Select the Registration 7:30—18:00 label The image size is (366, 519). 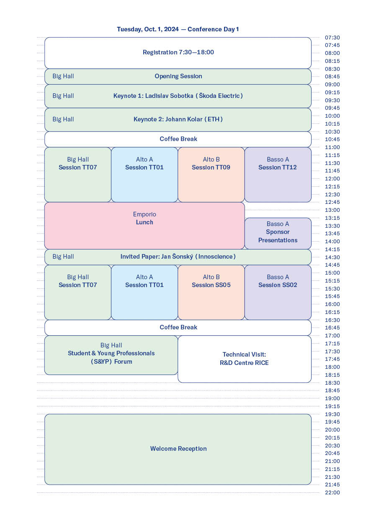click(x=178, y=52)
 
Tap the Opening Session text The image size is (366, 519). click(x=178, y=76)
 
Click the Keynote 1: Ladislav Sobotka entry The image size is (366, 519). click(x=178, y=96)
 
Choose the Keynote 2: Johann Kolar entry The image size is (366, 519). click(x=178, y=119)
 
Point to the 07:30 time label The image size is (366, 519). click(x=332, y=38)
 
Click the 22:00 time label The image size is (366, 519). click(x=332, y=493)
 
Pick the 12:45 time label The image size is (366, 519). click(x=332, y=202)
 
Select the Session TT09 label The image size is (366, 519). click(x=211, y=167)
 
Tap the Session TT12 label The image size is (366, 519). click(x=278, y=167)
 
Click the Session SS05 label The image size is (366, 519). click(x=211, y=285)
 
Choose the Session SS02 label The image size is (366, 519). click(x=278, y=285)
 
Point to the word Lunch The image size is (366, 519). click(x=144, y=222)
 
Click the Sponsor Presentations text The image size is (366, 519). click(x=278, y=236)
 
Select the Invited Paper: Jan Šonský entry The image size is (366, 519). click(x=178, y=257)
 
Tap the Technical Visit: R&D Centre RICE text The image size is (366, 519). click(x=244, y=359)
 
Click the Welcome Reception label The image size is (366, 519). click(x=178, y=449)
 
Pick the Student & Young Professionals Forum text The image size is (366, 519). click(x=111, y=357)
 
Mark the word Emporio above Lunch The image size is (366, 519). click(x=144, y=214)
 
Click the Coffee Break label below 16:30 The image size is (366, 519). click(x=178, y=327)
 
